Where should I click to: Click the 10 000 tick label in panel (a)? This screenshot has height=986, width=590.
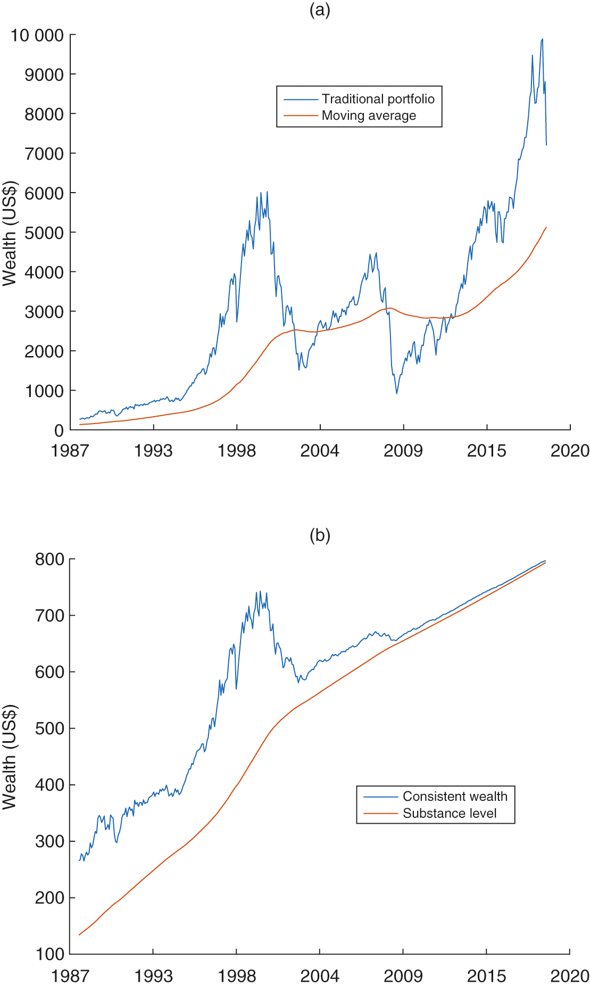37,36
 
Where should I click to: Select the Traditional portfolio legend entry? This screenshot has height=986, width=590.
378,99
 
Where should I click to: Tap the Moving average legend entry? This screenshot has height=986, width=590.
369,115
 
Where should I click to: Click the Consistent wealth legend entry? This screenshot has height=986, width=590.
455,797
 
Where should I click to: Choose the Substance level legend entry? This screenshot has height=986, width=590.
450,814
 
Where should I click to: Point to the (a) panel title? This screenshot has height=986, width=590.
320,10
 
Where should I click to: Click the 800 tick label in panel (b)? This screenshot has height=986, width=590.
49,559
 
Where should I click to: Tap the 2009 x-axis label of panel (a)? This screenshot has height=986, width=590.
403,451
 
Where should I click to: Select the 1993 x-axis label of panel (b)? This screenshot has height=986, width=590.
153,976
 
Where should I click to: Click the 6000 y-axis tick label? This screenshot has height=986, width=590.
44,193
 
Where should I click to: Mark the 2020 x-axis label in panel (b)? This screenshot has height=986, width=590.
570,976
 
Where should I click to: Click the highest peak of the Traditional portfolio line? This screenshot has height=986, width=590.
542,39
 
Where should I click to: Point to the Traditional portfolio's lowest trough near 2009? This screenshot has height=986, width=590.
396,393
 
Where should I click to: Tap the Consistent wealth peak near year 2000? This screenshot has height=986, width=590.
260,591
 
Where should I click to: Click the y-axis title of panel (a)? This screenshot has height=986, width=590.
10,233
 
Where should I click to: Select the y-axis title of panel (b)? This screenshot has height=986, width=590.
10,757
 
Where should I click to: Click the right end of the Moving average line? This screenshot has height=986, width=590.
546,228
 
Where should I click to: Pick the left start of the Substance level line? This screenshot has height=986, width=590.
79,935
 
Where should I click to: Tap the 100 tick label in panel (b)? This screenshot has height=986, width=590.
49,954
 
